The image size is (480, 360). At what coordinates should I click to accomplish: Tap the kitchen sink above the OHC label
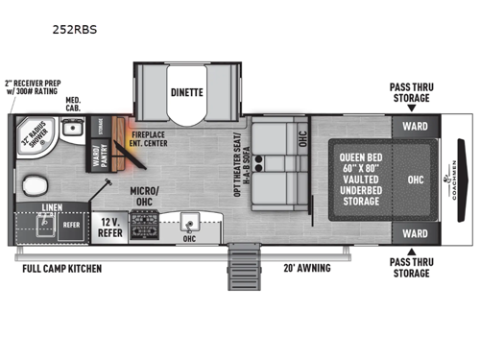point(190,223)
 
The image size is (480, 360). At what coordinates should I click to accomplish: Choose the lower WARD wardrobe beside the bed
point(415,233)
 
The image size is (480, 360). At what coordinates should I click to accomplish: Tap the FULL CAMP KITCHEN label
point(62,268)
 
